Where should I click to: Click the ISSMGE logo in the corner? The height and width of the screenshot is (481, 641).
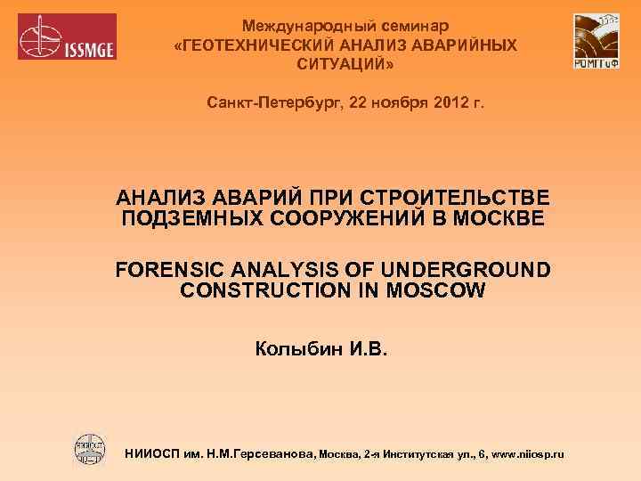pos(68,37)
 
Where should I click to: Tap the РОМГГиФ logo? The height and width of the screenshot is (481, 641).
pos(596,41)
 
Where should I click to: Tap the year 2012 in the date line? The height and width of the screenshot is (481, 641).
pos(443,104)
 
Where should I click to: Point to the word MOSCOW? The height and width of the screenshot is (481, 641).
pos(436,289)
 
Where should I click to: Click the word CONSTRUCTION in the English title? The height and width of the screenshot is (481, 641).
pos(268,289)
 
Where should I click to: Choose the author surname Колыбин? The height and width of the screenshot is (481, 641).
pos(298,346)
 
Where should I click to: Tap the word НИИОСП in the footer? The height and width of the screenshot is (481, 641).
pos(154,454)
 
